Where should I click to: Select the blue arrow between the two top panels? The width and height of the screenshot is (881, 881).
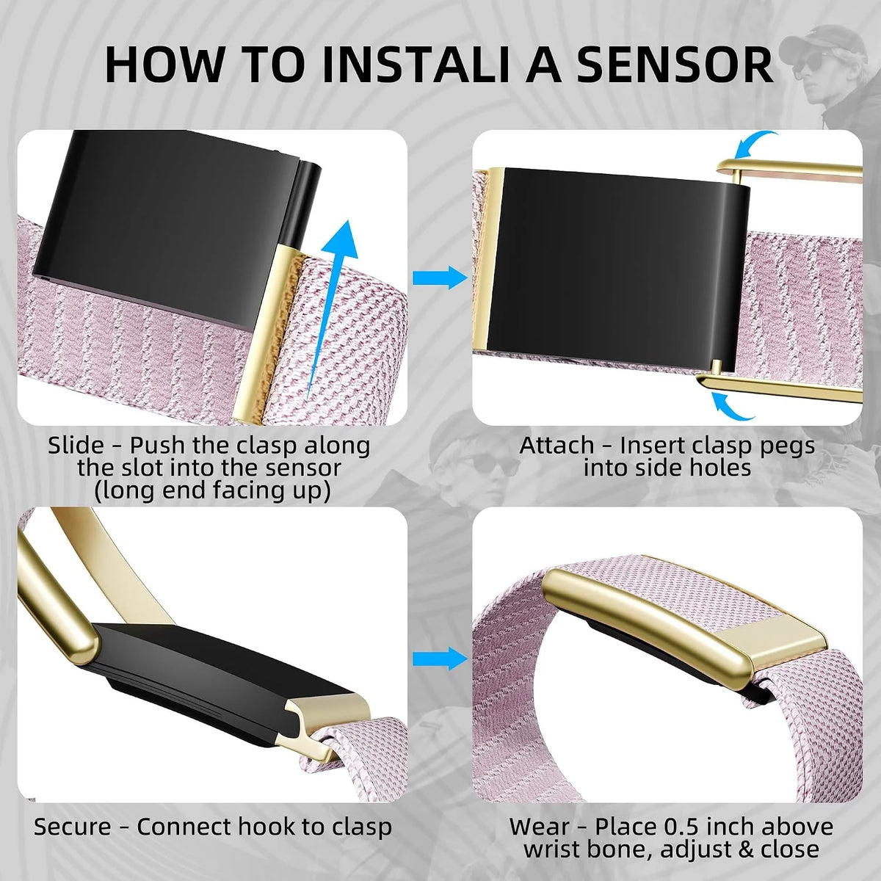click(x=440, y=277)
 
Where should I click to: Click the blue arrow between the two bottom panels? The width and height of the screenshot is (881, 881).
click(x=440, y=659)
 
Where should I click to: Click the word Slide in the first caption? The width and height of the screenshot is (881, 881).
click(x=76, y=445)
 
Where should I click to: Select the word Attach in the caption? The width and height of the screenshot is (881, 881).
click(x=556, y=445)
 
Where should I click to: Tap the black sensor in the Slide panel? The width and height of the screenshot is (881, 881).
click(x=176, y=224)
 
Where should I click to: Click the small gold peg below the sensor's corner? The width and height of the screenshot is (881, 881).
click(x=717, y=364)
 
